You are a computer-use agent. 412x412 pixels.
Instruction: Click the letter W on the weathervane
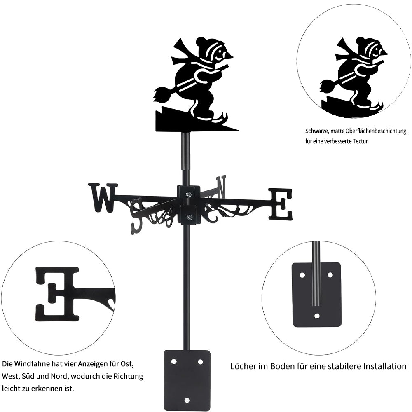[x=103, y=198]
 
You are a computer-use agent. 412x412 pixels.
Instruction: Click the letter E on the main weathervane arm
[x=280, y=204]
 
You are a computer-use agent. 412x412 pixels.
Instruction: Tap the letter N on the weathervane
[x=221, y=187]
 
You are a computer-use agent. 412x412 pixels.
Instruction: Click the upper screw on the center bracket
[x=189, y=194]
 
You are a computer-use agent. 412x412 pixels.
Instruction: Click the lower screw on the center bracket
[x=189, y=217]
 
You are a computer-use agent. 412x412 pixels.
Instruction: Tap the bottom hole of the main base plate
[x=187, y=400]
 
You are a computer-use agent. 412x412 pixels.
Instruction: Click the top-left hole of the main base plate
[x=173, y=362]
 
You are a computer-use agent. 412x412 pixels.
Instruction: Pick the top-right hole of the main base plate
[x=200, y=362]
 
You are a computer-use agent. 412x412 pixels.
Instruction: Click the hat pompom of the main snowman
[x=201, y=42]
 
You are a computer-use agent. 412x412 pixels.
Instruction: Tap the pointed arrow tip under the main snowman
[x=238, y=130]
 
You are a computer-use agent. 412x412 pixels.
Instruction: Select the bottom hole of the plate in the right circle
[x=317, y=316]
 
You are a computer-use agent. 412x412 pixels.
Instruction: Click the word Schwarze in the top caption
[x=316, y=131]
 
